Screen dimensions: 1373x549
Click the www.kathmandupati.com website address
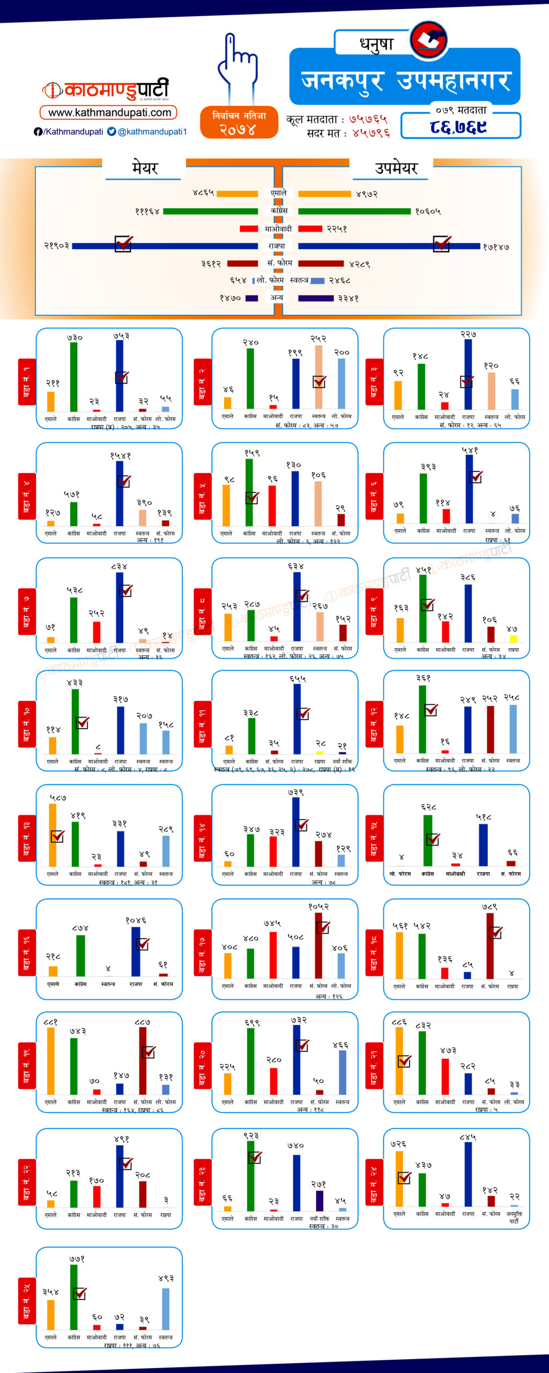pos(109,113)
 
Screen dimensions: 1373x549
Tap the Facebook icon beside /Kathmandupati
pos(38,131)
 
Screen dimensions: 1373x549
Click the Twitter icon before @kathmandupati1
pos(112,131)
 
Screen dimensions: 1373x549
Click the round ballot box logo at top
pos(429,40)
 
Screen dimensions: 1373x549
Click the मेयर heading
pos(145,168)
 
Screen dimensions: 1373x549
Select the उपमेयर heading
pos(396,168)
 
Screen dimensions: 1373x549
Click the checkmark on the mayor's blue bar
pos(123,244)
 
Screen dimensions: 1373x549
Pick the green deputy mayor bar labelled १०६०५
pos(354,211)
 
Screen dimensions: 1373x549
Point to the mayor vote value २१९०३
pos(56,246)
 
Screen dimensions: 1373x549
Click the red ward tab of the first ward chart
pos(27,382)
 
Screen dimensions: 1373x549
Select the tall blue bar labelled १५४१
pos(120,493)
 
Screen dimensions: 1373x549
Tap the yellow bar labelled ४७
pos(513,638)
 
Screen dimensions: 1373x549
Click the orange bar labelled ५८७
pos(53,835)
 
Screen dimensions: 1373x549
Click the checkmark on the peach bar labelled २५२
pos(320,382)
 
